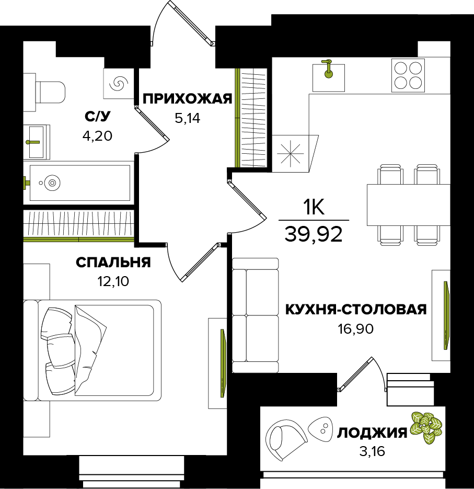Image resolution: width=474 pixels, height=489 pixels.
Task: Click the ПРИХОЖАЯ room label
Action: pyautogui.click(x=187, y=99)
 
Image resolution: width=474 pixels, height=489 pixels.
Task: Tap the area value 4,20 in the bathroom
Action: pyautogui.click(x=97, y=136)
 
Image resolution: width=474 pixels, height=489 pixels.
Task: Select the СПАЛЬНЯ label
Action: pyautogui.click(x=113, y=263)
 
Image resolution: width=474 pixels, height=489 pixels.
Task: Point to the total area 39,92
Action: pyautogui.click(x=314, y=234)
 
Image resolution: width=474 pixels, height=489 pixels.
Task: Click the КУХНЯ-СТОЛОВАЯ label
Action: pyautogui.click(x=356, y=310)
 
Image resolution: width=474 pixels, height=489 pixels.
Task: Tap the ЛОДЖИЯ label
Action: pyautogui.click(x=372, y=433)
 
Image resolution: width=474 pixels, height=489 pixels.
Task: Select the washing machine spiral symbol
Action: pyautogui.click(x=119, y=84)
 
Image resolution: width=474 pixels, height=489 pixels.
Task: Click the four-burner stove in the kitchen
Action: pyautogui.click(x=408, y=75)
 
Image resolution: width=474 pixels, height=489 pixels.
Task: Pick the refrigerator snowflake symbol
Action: pyautogui.click(x=292, y=153)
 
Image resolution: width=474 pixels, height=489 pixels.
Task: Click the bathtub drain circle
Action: pyautogui.click(x=51, y=183)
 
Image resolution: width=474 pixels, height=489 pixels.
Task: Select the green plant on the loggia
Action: pyautogui.click(x=426, y=427)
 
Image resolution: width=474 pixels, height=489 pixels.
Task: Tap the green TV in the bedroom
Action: pyautogui.click(x=223, y=363)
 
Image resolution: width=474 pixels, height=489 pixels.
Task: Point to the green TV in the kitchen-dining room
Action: pyautogui.click(x=447, y=315)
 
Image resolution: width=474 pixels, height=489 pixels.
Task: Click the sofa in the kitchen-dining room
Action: pyautogui.click(x=255, y=315)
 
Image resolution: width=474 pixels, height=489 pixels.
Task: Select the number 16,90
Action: pyautogui.click(x=355, y=329)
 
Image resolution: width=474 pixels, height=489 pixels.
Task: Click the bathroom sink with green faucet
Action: pyautogui.click(x=37, y=142)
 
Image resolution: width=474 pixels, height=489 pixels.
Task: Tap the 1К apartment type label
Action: pyautogui.click(x=314, y=208)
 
